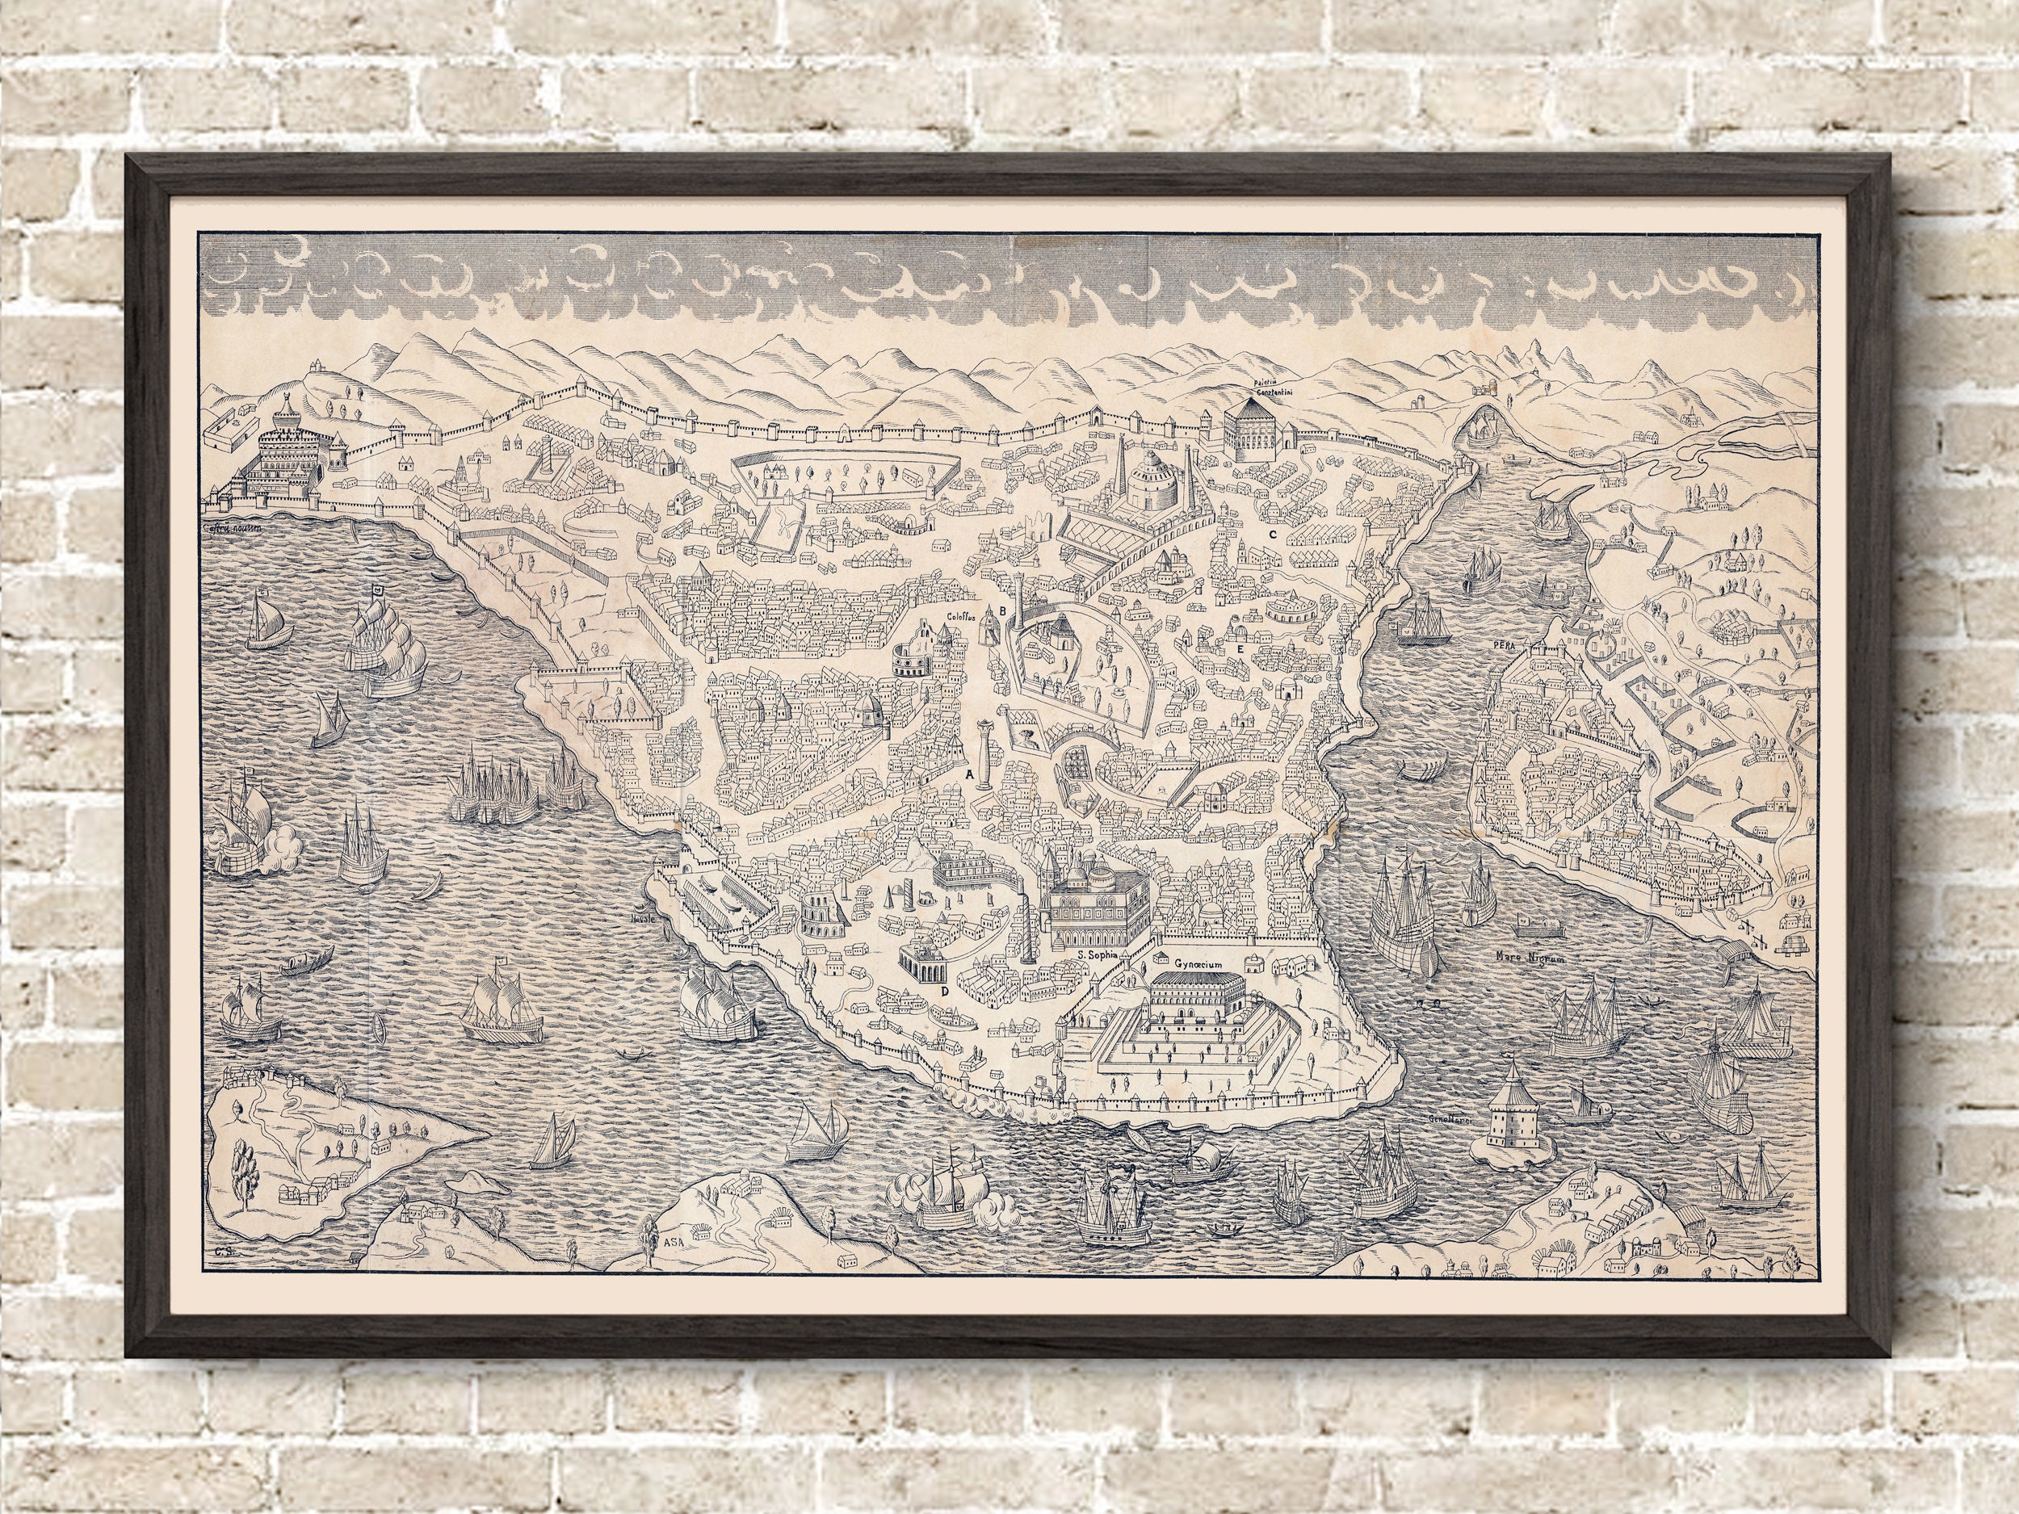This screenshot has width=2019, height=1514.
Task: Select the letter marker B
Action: tap(1001, 610)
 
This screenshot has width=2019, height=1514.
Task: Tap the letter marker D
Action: tap(945, 990)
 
